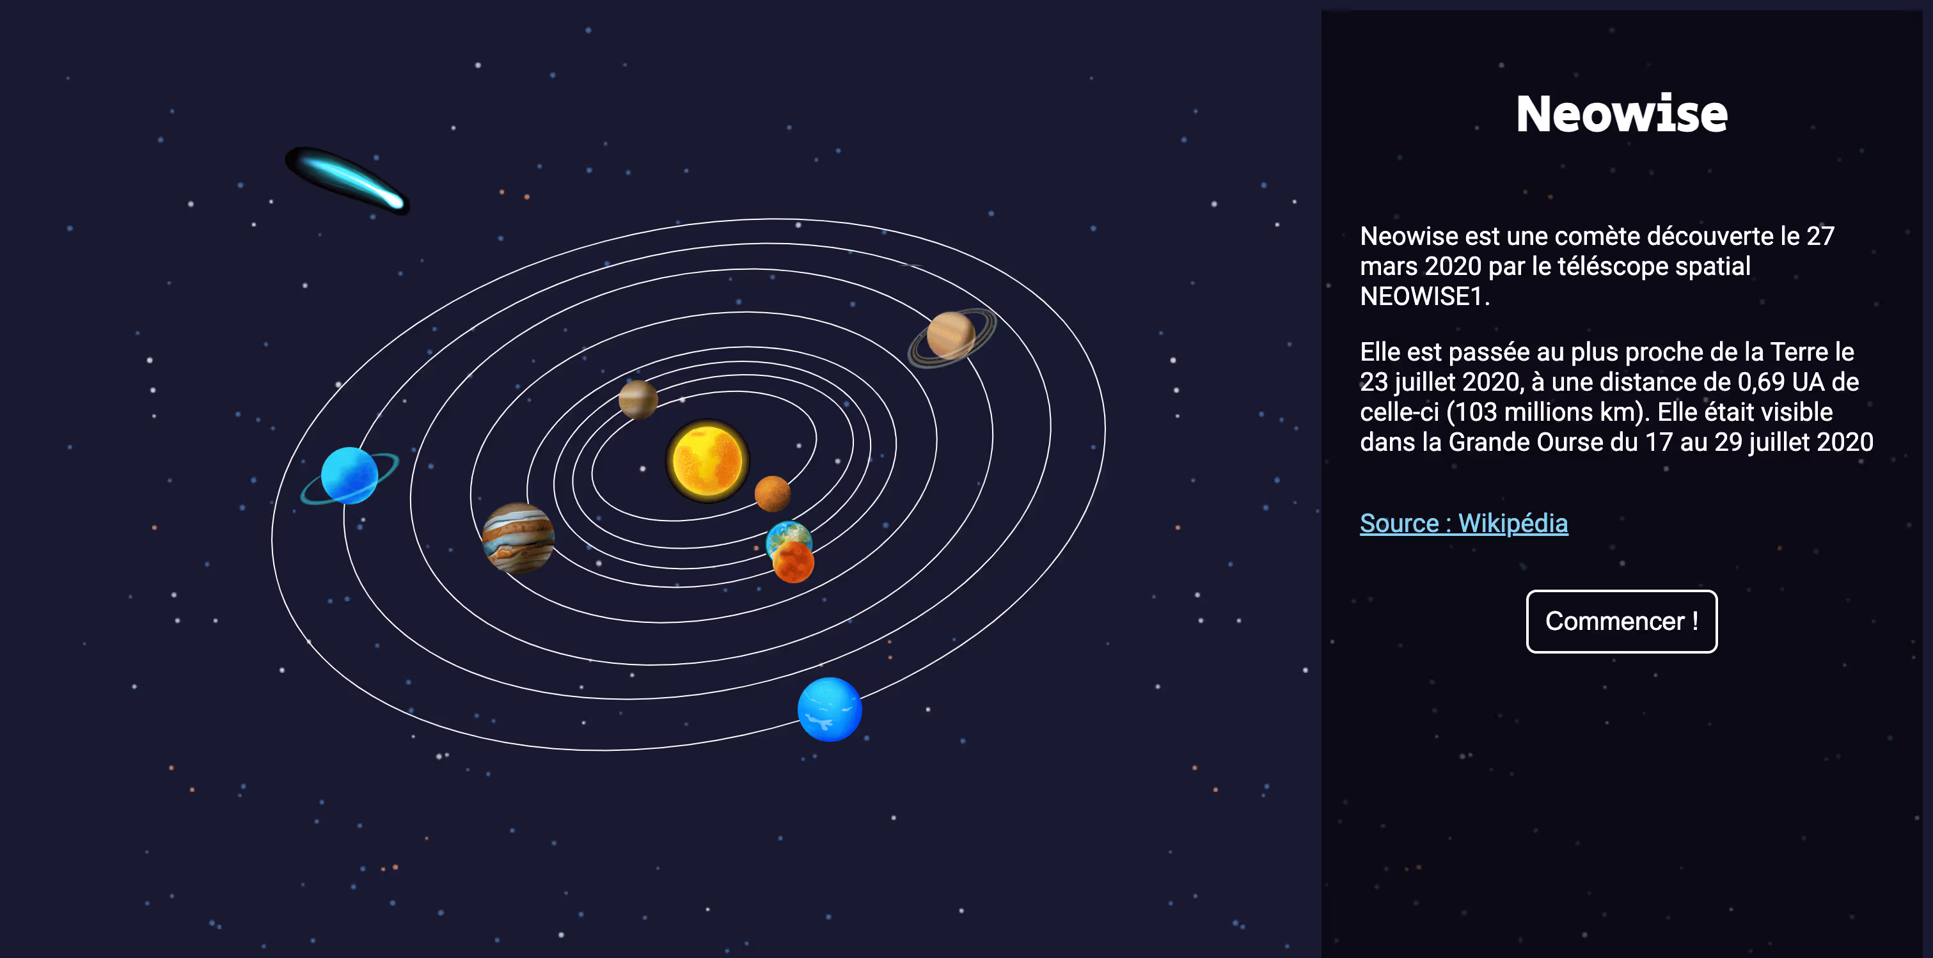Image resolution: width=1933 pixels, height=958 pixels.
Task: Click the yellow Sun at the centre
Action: point(707,460)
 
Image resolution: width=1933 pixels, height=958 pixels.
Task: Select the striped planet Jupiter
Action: point(517,537)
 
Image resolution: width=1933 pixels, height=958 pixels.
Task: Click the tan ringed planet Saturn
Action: point(951,336)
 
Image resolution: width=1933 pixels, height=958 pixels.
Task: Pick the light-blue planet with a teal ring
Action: point(350,476)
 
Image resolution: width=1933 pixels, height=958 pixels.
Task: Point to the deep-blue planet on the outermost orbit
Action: point(829,709)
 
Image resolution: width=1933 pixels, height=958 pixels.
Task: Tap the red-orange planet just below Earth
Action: point(793,563)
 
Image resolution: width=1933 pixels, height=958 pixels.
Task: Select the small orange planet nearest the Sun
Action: point(772,493)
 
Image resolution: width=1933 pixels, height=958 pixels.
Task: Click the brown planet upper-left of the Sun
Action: point(638,398)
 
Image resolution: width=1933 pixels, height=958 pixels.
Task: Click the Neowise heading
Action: point(1621,114)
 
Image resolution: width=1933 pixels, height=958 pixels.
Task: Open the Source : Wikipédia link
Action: point(1464,523)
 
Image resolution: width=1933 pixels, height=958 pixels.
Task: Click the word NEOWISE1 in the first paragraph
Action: point(1421,296)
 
